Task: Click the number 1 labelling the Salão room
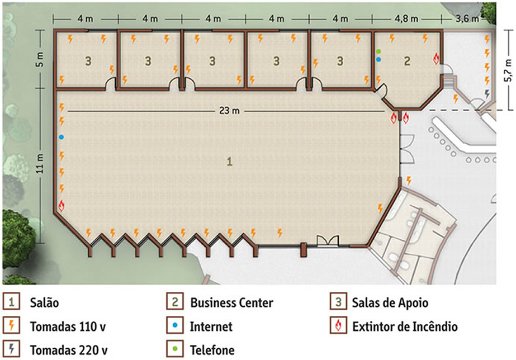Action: (x=230, y=162)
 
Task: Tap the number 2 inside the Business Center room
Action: (x=408, y=61)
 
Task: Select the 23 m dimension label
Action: (x=229, y=111)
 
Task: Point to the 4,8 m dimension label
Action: (x=406, y=19)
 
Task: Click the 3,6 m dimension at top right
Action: (x=467, y=19)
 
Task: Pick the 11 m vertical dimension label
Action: (x=40, y=164)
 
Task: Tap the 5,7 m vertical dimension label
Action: (x=509, y=70)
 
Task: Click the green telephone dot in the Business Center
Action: (x=379, y=51)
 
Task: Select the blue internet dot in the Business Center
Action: (x=379, y=60)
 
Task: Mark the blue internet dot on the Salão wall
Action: (x=61, y=137)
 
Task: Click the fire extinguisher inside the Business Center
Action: (x=437, y=59)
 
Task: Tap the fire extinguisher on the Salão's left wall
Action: (x=61, y=206)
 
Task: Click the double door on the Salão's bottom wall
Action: (x=328, y=240)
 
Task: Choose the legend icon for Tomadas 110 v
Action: (x=12, y=325)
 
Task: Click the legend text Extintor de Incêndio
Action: (x=405, y=327)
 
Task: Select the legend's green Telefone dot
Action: (x=175, y=348)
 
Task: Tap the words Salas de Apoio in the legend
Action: (x=390, y=303)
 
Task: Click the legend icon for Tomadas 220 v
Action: (x=12, y=349)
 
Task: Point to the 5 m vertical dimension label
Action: (x=40, y=61)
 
